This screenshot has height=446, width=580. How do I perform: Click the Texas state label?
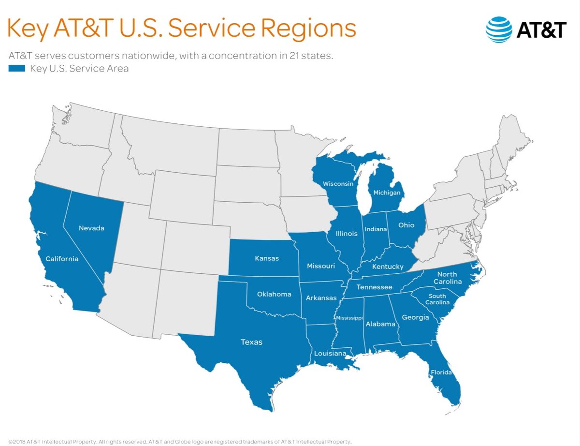(x=251, y=342)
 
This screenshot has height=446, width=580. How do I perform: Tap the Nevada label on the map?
(x=91, y=228)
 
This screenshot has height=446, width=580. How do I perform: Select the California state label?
(x=61, y=259)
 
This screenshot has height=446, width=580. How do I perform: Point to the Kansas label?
(x=266, y=258)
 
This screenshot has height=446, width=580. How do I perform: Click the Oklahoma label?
(x=274, y=294)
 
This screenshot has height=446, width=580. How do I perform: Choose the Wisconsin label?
(x=338, y=184)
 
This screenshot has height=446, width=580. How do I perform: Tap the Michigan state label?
(x=387, y=193)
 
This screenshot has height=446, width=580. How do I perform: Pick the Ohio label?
(x=406, y=225)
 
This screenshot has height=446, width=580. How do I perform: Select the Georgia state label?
(x=415, y=317)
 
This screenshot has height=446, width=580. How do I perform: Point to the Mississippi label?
(x=349, y=318)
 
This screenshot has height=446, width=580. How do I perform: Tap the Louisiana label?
(x=330, y=354)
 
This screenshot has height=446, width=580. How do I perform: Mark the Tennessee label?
(x=374, y=287)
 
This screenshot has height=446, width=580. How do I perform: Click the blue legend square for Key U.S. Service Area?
(x=16, y=69)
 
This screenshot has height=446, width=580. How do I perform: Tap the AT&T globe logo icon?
(x=498, y=30)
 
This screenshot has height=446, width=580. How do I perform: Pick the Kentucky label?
(x=388, y=267)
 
